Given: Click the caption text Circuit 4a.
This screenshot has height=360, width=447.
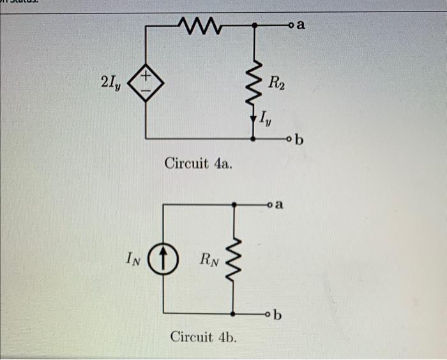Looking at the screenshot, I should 199,163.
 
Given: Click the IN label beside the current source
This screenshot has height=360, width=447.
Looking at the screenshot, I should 132,259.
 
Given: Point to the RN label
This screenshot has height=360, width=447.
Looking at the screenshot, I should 208,259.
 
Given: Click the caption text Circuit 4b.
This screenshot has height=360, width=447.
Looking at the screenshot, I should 203,336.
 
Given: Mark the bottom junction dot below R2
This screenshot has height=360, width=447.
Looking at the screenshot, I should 255,138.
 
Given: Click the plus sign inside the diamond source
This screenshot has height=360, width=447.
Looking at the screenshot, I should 147,77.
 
